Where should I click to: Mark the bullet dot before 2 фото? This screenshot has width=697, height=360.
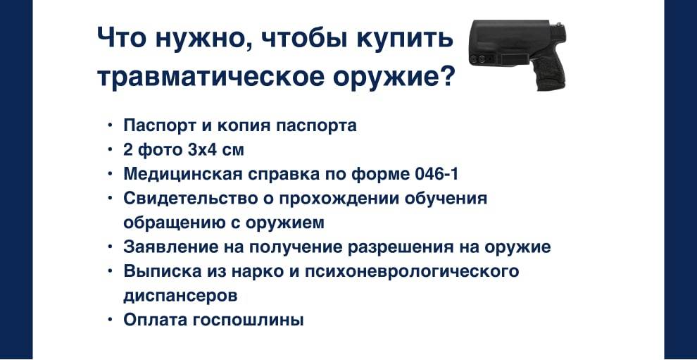(x=111, y=149)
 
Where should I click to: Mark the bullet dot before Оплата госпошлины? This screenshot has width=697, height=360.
(x=111, y=320)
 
